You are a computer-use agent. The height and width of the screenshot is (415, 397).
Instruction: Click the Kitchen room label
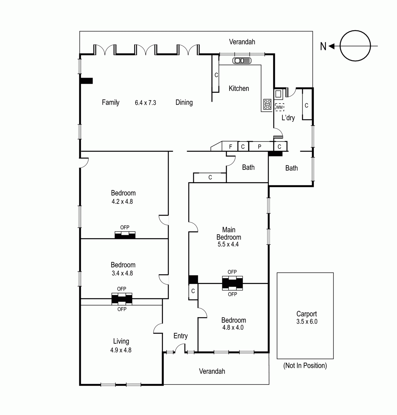tap(239, 88)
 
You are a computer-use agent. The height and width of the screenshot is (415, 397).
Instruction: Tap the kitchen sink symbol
tap(242, 61)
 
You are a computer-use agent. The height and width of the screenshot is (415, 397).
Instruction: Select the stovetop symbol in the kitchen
tap(267, 104)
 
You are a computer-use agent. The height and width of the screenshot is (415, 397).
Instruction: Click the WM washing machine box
tap(279, 107)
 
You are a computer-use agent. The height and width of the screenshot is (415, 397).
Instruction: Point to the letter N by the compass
tap(323, 46)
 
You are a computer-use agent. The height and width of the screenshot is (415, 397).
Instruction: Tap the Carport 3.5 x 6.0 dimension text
tap(307, 322)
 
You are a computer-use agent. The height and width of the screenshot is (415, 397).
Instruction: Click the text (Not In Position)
tap(305, 365)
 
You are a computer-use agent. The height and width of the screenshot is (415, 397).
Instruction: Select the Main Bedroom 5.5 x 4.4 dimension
tap(228, 244)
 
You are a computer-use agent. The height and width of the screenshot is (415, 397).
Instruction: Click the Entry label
tap(181, 336)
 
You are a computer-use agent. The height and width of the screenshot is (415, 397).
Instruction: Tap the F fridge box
tap(230, 146)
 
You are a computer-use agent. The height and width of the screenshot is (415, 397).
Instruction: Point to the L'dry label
tap(288, 118)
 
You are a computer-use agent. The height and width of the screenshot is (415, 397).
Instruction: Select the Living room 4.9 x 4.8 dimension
tap(121, 350)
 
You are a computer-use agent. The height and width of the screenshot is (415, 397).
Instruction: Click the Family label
tap(111, 102)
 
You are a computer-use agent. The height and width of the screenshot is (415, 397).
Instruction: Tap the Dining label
tap(184, 102)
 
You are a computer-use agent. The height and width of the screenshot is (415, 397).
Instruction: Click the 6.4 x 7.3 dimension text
tap(145, 103)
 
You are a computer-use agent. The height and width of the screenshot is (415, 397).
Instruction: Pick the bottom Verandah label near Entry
tap(212, 371)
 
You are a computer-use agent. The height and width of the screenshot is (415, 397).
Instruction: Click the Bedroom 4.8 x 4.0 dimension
tap(233, 328)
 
